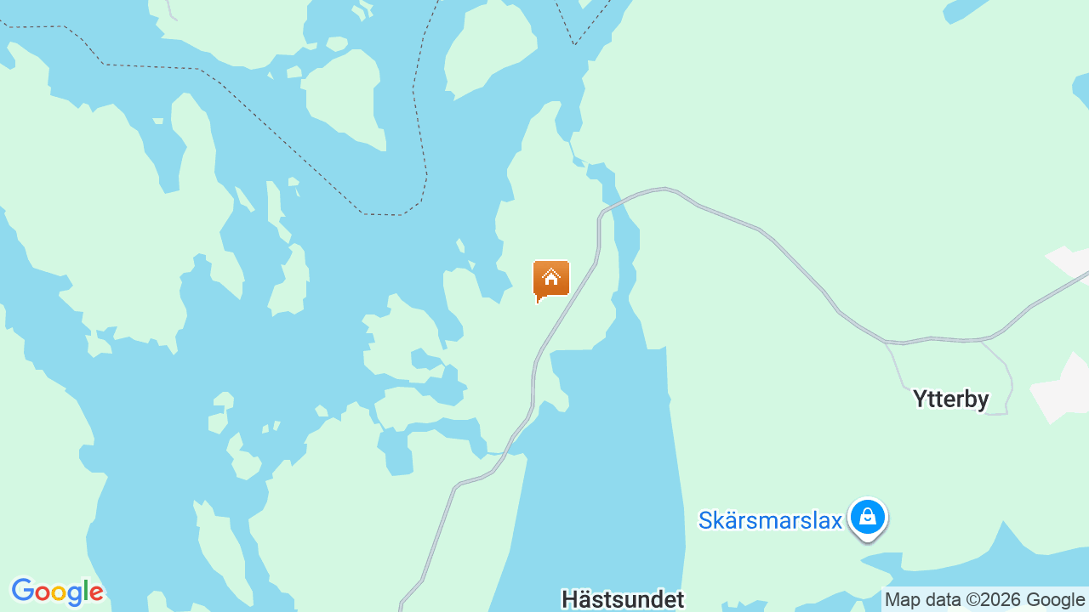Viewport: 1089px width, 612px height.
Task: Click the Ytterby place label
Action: click(x=950, y=399)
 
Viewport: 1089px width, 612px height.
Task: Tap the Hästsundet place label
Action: click(x=622, y=599)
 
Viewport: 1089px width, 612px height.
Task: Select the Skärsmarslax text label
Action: click(x=770, y=520)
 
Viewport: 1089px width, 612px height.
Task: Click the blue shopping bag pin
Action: click(x=867, y=517)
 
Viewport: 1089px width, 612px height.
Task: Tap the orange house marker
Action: click(x=550, y=280)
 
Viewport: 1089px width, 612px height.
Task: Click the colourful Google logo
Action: click(x=57, y=592)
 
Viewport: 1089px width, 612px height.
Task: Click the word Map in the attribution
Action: click(x=903, y=600)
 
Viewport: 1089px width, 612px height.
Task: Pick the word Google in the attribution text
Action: click(x=1055, y=600)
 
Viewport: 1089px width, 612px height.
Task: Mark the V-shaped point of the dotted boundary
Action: click(x=574, y=43)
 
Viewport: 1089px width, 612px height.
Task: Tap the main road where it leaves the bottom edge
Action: click(x=401, y=605)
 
